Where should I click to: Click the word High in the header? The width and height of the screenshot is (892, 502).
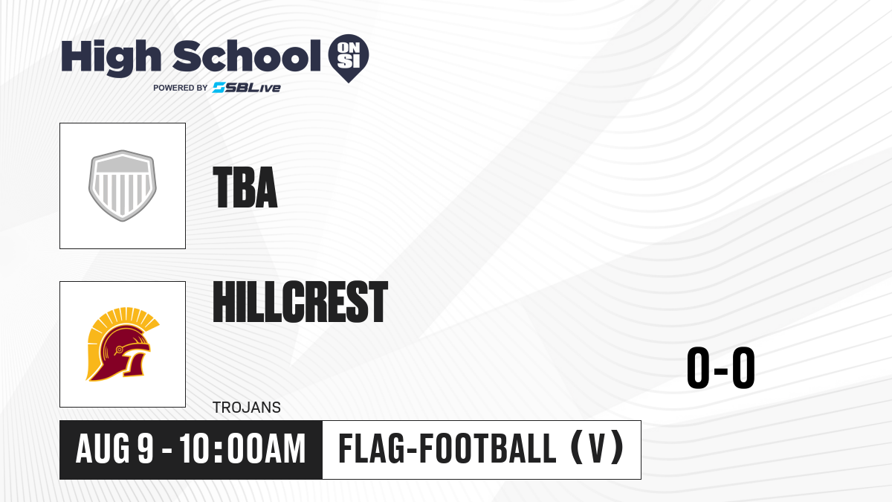tap(111, 58)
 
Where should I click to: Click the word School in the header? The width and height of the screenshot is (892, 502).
tap(247, 55)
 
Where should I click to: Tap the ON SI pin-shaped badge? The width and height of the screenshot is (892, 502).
tap(349, 58)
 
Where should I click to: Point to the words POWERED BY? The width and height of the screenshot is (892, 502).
tap(181, 88)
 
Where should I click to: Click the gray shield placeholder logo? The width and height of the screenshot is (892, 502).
tap(122, 186)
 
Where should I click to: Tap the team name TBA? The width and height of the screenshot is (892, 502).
tap(245, 187)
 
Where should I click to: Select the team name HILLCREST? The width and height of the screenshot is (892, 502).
tap(300, 302)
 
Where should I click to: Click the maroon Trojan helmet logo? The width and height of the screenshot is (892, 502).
tap(122, 344)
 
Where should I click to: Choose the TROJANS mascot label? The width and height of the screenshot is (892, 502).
tap(247, 408)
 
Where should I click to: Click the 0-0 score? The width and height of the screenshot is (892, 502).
tap(721, 367)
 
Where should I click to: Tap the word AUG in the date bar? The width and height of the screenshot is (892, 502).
tap(103, 449)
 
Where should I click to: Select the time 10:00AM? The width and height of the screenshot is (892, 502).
tap(242, 449)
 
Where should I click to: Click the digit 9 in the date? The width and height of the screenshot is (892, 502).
tap(146, 449)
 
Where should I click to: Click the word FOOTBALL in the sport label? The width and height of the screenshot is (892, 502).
tap(488, 448)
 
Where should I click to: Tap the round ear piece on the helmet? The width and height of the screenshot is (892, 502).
tap(119, 350)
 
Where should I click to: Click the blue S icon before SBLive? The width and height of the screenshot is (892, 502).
tap(219, 88)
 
